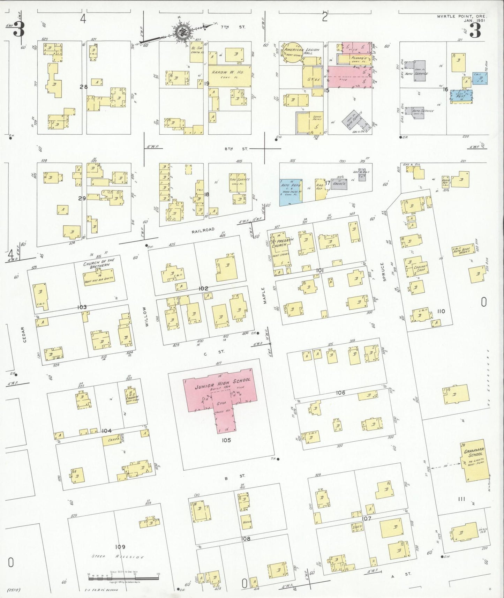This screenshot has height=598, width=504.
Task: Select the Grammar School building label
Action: [x=474, y=453]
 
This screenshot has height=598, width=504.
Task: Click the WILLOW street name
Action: [x=147, y=319]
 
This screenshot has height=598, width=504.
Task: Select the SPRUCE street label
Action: [x=382, y=272]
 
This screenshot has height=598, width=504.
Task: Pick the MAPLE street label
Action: [x=265, y=295]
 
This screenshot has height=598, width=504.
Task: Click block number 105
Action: [x=226, y=440]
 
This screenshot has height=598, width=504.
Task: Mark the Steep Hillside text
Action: [x=119, y=557]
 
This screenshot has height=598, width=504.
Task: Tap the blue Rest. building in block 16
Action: [x=461, y=96]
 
